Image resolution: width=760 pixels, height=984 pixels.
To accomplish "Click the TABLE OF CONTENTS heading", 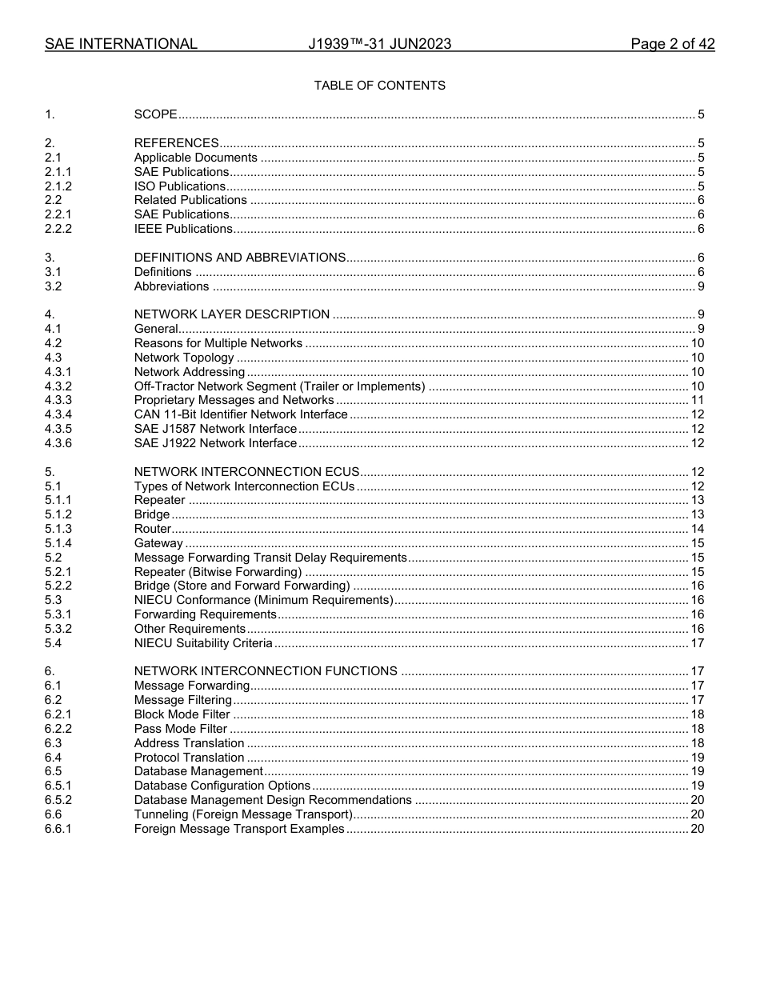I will click(x=379, y=86).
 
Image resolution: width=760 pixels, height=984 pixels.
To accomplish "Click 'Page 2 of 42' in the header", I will click(x=672, y=44).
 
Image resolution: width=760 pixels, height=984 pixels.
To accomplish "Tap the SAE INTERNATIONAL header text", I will click(x=121, y=44).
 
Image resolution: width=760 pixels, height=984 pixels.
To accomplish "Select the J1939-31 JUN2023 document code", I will click(x=379, y=44).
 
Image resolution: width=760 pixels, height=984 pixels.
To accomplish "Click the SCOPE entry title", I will click(x=155, y=114).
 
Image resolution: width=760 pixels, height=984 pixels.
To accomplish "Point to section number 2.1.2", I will click(x=58, y=186).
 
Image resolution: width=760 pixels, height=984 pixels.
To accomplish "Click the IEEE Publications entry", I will click(x=183, y=229).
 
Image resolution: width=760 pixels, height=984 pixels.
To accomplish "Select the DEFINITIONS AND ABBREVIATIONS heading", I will click(x=239, y=258).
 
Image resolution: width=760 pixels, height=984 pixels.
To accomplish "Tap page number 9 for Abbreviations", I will click(x=701, y=286).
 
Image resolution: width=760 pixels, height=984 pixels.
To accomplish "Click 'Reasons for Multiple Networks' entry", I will click(x=218, y=343).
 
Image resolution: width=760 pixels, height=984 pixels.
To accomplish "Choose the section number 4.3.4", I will click(x=58, y=414).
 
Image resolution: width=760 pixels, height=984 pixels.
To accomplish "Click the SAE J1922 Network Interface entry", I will click(x=215, y=443).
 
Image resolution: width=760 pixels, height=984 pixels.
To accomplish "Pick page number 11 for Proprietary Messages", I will click(x=697, y=400).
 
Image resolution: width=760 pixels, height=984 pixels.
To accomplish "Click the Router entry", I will click(x=152, y=529).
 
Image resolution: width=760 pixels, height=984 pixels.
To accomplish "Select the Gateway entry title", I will click(x=158, y=543).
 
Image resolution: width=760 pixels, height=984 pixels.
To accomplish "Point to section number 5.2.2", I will click(x=58, y=586).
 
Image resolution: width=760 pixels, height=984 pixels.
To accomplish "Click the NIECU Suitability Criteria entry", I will click(x=203, y=643).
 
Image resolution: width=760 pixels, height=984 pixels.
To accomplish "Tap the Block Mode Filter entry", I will click(x=182, y=714).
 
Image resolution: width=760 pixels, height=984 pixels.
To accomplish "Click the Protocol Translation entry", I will click(x=189, y=758).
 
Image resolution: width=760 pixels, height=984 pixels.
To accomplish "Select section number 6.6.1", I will click(x=58, y=829).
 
